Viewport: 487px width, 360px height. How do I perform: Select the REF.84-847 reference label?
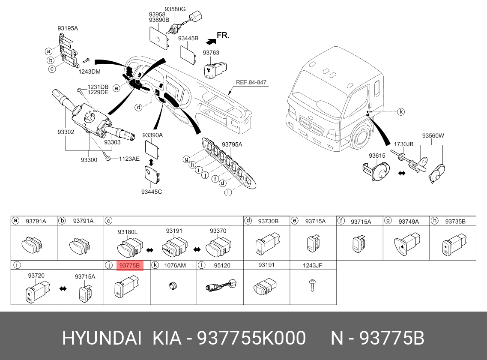pos(251,82)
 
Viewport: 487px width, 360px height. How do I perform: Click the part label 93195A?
pos(68,28)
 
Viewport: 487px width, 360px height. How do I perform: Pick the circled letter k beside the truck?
pos(400,112)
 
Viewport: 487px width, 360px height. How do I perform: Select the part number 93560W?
pos(433,136)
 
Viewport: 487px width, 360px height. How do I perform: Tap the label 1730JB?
pos(403,144)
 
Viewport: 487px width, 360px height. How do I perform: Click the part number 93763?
pos(211,53)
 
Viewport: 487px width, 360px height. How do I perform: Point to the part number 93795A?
pos(232,144)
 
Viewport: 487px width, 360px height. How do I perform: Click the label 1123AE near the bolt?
pos(129,159)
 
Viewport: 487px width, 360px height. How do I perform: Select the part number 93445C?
pos(152,192)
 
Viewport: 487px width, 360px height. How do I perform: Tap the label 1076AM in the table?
pos(175,266)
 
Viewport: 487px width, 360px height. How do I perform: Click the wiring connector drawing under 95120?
pos(220,286)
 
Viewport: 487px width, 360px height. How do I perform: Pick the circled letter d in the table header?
pos(248,221)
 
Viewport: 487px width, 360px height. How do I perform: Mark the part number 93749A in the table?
pos(408,221)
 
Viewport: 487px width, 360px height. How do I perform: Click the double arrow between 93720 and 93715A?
pos(63,289)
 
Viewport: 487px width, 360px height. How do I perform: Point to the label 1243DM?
pos(89,72)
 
